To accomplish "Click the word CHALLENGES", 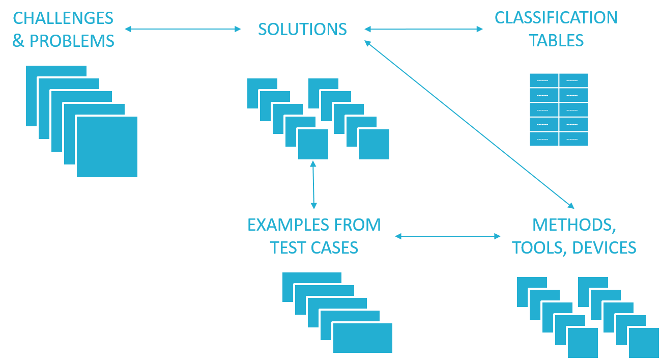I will [x=63, y=18].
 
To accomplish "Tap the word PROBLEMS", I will [x=72, y=41].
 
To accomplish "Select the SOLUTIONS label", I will [x=302, y=30].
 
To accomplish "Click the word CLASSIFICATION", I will [x=556, y=18].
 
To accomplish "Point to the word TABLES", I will [x=556, y=41].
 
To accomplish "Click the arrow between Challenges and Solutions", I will [x=183, y=30].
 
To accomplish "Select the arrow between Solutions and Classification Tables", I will [x=423, y=30].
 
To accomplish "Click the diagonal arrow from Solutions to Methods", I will [x=469, y=125].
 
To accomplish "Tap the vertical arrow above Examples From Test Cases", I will [x=313, y=185].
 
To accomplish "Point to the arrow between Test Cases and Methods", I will [x=448, y=236].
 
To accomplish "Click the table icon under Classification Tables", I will [x=559, y=109].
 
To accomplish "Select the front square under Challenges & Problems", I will [x=107, y=147].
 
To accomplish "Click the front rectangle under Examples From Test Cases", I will [x=363, y=338].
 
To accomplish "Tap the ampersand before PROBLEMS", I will [x=18, y=41].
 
